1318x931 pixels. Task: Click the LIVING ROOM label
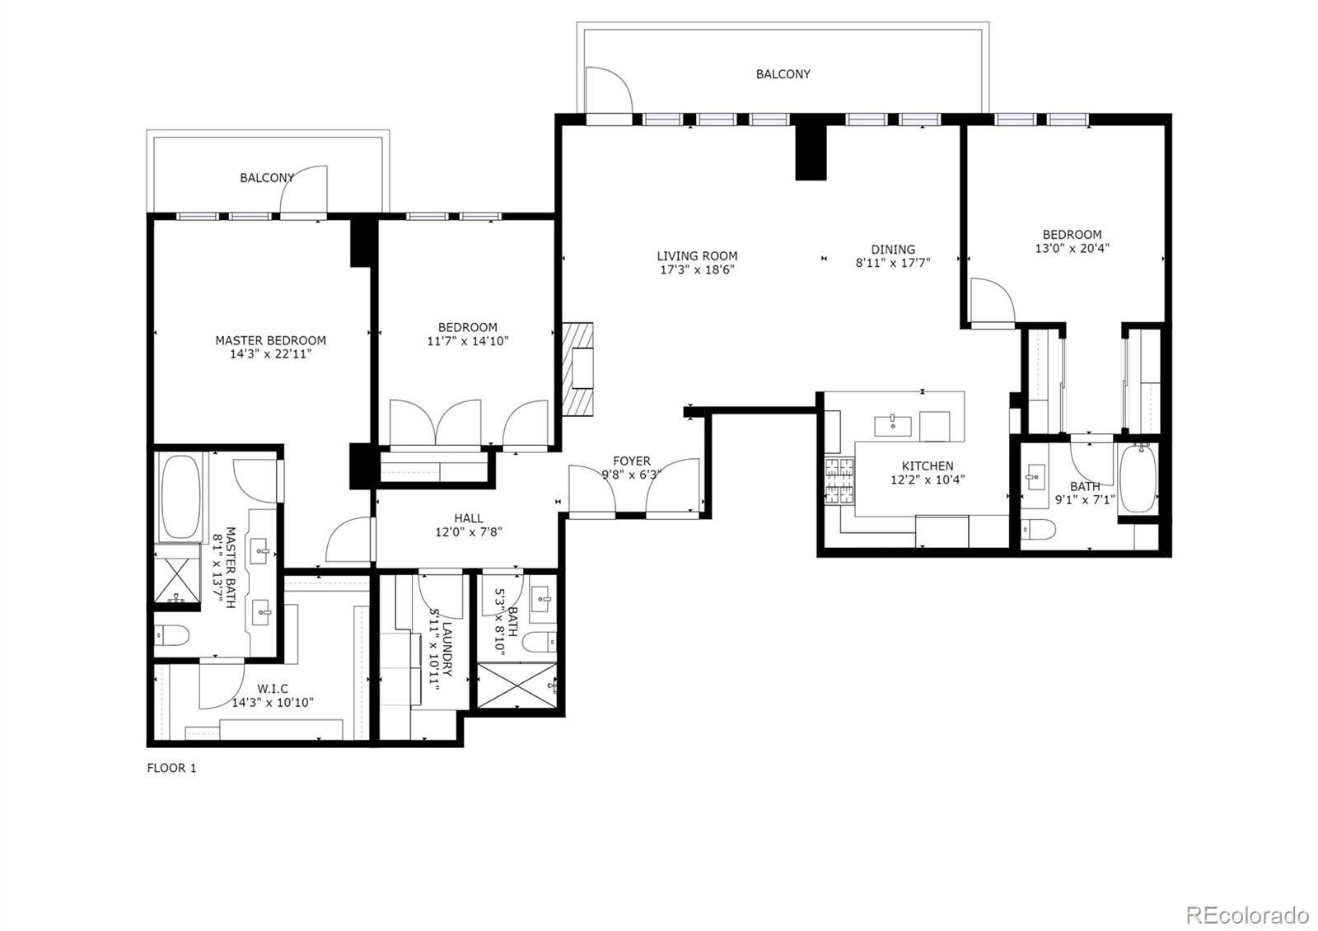[697, 256]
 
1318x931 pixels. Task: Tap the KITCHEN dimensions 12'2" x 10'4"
[928, 480]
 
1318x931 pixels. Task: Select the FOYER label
[631, 461]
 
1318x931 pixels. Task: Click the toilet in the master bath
[171, 635]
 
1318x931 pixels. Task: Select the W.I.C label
[272, 689]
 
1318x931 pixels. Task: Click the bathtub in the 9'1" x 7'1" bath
[1138, 480]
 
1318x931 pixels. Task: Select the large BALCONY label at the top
[783, 74]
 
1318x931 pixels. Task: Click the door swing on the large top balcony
[607, 89]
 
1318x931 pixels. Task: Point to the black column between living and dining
[810, 152]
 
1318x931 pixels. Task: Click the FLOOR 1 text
[171, 768]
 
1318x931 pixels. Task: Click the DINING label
[893, 250]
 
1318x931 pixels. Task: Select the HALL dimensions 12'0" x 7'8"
[469, 532]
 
